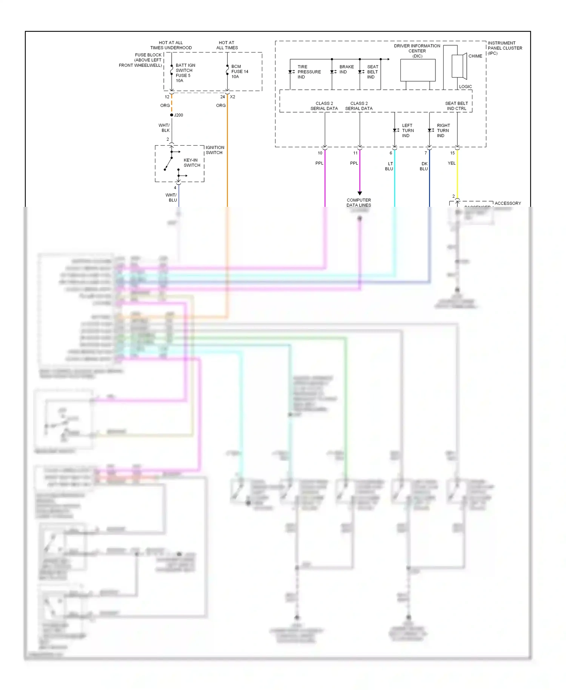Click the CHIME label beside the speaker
pos(475,56)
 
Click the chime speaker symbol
pos(459,66)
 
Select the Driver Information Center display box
pos(418,70)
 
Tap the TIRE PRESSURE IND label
pos(309,72)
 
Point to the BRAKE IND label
pos(346,69)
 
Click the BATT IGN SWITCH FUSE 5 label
pos(185,73)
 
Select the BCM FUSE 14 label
pos(240,71)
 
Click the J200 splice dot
pos(172,115)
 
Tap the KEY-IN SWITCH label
pos(192,163)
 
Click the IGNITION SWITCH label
pos(215,150)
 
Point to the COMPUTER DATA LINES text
pos(358,203)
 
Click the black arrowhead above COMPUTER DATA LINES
pos(360,193)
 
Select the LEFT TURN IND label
pos(408,131)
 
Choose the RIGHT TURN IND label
pos(443,131)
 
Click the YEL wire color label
pos(451,163)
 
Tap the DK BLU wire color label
pos(424,166)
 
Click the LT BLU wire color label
pos(389,166)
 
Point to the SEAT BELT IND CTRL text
pos(456,106)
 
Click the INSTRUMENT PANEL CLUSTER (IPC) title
pos(504,48)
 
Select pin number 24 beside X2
pos(222,97)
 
